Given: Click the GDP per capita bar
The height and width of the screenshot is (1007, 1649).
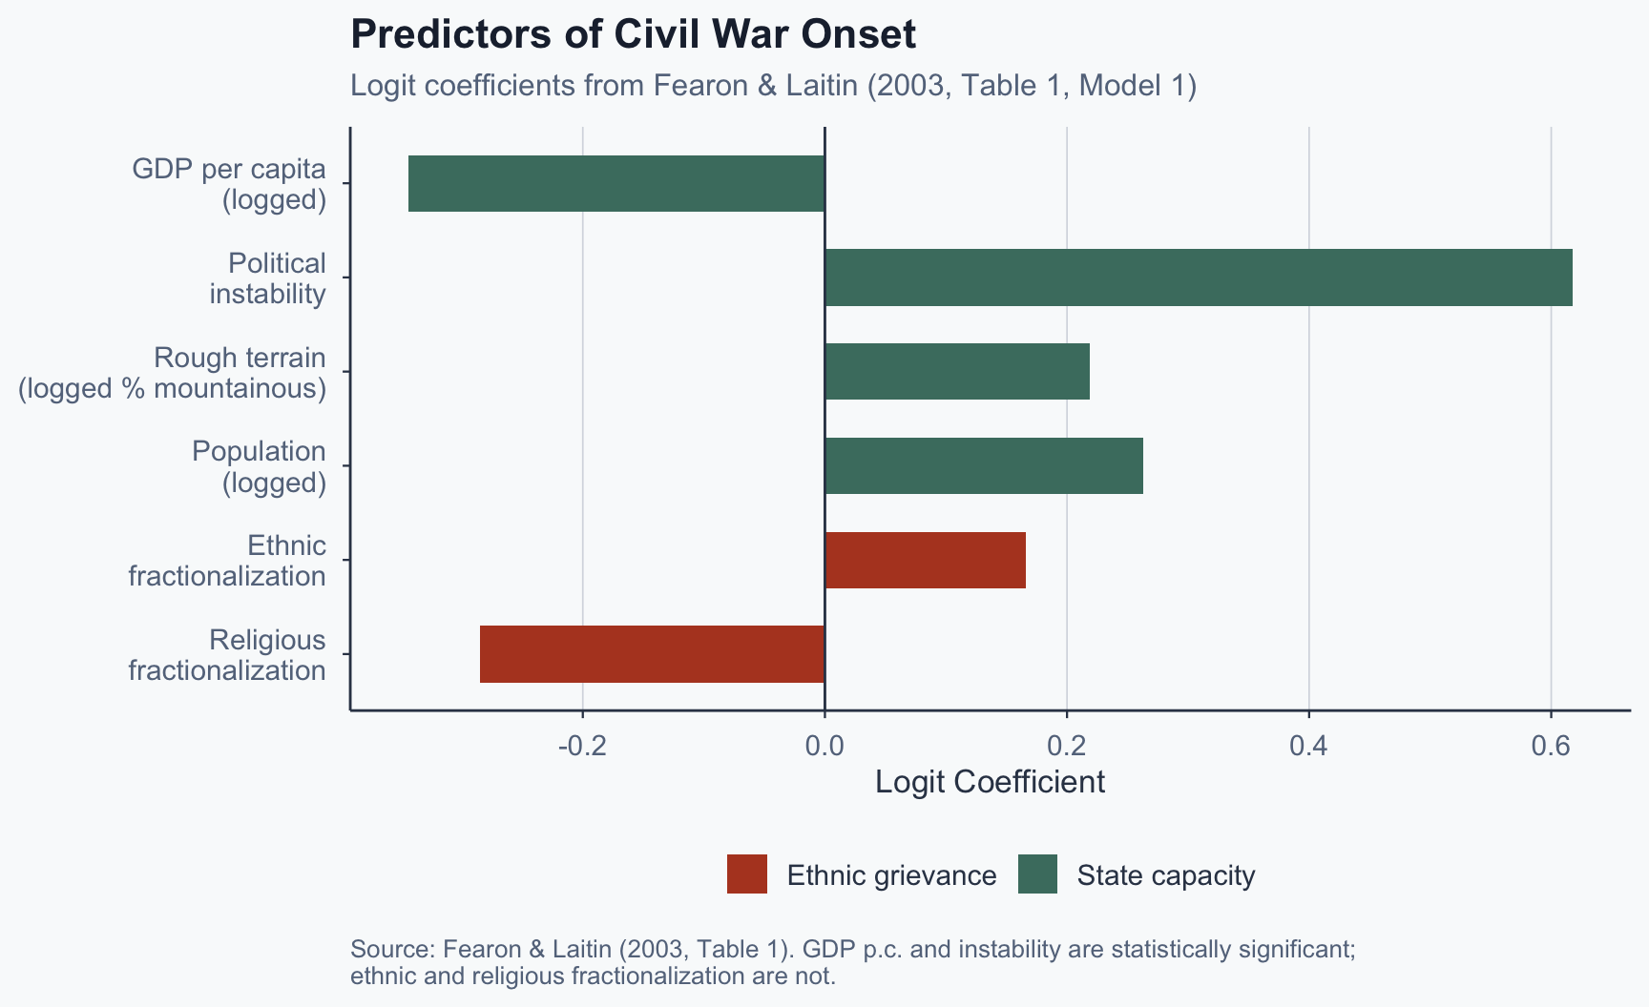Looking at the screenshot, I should point(616,183).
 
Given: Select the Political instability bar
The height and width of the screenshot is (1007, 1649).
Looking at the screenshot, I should point(1198,277).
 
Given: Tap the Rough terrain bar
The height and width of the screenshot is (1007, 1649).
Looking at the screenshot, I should point(956,371).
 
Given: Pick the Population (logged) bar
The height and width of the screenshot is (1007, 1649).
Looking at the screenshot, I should point(983,465).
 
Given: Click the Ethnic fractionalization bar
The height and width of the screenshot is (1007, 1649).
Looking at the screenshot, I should point(925,560).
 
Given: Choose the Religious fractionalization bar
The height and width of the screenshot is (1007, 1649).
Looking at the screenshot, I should point(652,654).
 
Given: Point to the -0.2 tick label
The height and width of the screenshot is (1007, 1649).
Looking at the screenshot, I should point(582,746).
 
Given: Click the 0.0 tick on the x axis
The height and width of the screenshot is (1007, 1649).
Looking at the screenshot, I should point(824,746).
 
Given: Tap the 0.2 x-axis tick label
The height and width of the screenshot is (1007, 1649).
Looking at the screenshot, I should point(1067,746).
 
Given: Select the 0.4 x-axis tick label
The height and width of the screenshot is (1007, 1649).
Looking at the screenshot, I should point(1308,746).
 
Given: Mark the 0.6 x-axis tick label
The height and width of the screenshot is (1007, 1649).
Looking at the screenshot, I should point(1551,746).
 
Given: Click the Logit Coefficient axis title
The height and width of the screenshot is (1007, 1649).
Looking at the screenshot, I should point(990,782).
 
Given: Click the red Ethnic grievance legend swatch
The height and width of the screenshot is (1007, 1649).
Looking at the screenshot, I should point(746,874).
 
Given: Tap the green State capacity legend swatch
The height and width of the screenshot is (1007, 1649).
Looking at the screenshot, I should point(1037,874).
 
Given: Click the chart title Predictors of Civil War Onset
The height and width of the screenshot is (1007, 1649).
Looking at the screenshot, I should point(633,34).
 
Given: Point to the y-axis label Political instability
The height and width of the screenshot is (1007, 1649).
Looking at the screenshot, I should point(268,278).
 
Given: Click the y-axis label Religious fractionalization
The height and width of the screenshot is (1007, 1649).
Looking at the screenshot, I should point(227,655).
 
